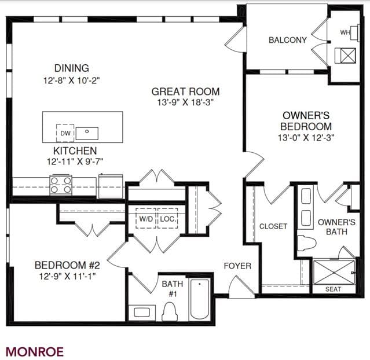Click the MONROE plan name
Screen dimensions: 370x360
(35, 352)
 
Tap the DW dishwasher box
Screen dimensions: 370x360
(65, 133)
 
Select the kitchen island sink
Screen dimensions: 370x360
(87, 133)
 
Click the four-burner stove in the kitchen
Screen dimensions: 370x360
(61, 185)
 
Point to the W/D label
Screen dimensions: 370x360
(146, 219)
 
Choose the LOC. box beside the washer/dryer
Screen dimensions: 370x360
(168, 218)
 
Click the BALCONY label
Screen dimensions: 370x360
(288, 40)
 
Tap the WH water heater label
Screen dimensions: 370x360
(345, 32)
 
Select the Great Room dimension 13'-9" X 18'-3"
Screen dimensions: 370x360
(185, 102)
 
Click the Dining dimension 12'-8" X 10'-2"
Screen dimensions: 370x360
(71, 80)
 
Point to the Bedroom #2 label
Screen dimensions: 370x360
(67, 265)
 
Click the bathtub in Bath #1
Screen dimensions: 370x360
(199, 299)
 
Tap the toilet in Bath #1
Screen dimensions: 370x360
(170, 311)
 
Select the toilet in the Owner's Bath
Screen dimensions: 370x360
(306, 243)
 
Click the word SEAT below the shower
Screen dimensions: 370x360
(333, 289)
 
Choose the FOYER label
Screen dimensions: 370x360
(237, 266)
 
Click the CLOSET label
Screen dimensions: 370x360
(273, 226)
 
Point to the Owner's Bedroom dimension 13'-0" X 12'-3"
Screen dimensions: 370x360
(306, 138)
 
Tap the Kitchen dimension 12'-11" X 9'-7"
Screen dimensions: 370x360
(75, 161)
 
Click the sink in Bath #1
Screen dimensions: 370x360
(142, 313)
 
